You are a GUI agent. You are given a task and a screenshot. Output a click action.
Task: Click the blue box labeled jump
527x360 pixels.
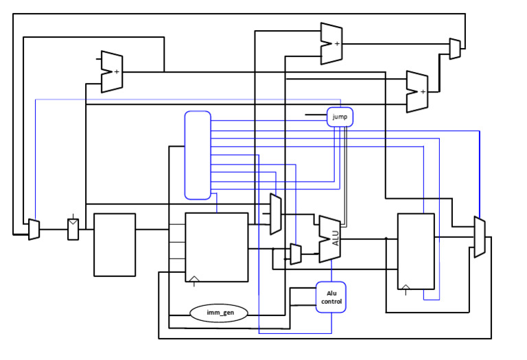(340, 117)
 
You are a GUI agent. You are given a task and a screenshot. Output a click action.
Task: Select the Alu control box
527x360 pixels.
(331, 297)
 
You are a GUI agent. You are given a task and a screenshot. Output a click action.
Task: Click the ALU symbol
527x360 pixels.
(329, 239)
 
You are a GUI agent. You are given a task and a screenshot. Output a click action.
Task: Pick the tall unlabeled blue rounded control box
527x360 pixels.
(198, 155)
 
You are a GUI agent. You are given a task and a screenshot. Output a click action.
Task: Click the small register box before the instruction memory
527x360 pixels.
(73, 229)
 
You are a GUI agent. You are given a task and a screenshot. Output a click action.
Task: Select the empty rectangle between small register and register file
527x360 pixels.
(115, 244)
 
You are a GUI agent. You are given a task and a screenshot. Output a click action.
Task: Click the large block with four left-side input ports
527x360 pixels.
(216, 247)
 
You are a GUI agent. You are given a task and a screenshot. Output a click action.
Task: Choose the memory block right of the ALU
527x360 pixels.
(416, 251)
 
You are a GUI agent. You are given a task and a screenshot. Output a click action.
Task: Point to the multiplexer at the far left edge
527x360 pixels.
(34, 230)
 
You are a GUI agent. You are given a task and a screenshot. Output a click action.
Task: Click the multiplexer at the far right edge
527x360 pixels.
(480, 237)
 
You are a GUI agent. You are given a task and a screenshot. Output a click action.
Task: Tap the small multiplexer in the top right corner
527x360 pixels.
(455, 49)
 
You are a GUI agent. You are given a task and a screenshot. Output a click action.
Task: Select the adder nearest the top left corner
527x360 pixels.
(111, 71)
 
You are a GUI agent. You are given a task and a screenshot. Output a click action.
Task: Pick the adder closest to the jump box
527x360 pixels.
(417, 91)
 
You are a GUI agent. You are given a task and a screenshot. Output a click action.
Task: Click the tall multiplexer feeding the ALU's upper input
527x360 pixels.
(275, 214)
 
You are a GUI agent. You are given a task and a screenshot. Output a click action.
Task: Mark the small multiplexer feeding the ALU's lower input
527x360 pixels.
(296, 254)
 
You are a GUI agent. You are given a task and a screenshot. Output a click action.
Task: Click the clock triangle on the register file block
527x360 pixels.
(194, 278)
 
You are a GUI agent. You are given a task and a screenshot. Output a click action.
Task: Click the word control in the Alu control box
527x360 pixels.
(331, 302)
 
